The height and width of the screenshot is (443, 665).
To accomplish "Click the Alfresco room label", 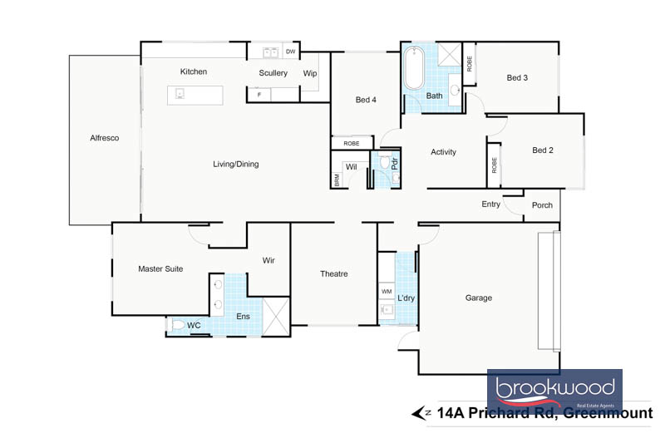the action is (x=105, y=138).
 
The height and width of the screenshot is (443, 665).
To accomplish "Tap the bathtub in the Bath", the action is (x=413, y=68).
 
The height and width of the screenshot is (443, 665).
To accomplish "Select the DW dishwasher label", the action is (x=290, y=52).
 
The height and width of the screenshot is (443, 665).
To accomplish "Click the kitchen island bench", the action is (x=195, y=95).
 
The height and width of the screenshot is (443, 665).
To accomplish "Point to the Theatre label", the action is (x=334, y=273).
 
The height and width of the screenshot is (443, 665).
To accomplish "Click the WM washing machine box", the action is (x=387, y=291).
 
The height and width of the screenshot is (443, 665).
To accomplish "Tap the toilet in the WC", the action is (x=177, y=325).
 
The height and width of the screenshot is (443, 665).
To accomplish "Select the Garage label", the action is (x=479, y=298).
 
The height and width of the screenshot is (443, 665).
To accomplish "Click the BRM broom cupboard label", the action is (x=337, y=180).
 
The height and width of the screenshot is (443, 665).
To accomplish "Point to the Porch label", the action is (x=542, y=205).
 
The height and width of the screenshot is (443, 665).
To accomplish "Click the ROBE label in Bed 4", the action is (x=351, y=144).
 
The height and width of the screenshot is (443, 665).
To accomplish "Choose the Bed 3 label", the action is (x=517, y=77).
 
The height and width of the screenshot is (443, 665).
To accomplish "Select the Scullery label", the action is (x=273, y=73).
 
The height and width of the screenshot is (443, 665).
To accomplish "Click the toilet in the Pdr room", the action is (x=385, y=160).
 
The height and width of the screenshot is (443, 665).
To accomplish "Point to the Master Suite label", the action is (x=160, y=268).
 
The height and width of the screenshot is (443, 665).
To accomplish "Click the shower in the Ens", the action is (x=276, y=316).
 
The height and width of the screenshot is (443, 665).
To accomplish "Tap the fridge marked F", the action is (x=259, y=95).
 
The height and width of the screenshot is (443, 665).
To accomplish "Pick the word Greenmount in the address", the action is (x=608, y=413).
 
